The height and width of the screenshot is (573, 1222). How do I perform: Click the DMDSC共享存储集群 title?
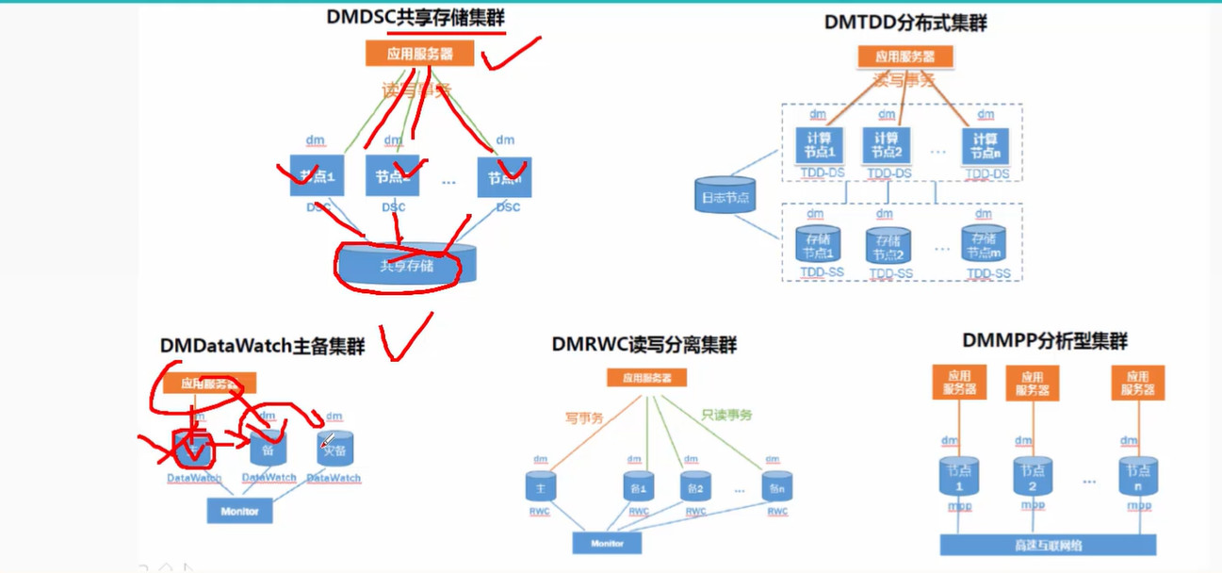(415, 17)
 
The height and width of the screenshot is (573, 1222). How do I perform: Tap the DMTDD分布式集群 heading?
(905, 23)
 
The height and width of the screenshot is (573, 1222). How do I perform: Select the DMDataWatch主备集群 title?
(262, 346)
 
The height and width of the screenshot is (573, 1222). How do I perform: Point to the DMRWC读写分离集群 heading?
(644, 345)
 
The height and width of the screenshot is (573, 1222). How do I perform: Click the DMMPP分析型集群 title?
(1045, 341)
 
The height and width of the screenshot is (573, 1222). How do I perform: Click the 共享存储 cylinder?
(407, 266)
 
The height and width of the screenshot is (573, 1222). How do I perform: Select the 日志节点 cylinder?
(725, 196)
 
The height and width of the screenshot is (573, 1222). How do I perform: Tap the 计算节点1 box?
(819, 146)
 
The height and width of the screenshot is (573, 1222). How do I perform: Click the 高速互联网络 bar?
(1048, 545)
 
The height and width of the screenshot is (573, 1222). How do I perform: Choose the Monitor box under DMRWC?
(607, 543)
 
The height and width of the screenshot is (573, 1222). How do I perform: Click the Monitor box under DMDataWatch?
(239, 511)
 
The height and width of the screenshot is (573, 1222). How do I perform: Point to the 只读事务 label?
(726, 415)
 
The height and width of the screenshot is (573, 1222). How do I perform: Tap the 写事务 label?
(584, 416)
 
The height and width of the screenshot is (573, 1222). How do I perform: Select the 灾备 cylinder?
(334, 450)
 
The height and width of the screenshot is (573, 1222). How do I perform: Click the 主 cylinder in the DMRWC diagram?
(541, 487)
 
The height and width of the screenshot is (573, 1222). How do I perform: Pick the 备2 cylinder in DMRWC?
(695, 488)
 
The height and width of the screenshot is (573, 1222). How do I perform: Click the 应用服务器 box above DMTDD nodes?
(905, 57)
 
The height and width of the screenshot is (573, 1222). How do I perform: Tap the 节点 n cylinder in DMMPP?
(1138, 476)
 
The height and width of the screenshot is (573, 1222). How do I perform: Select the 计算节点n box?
(985, 146)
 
